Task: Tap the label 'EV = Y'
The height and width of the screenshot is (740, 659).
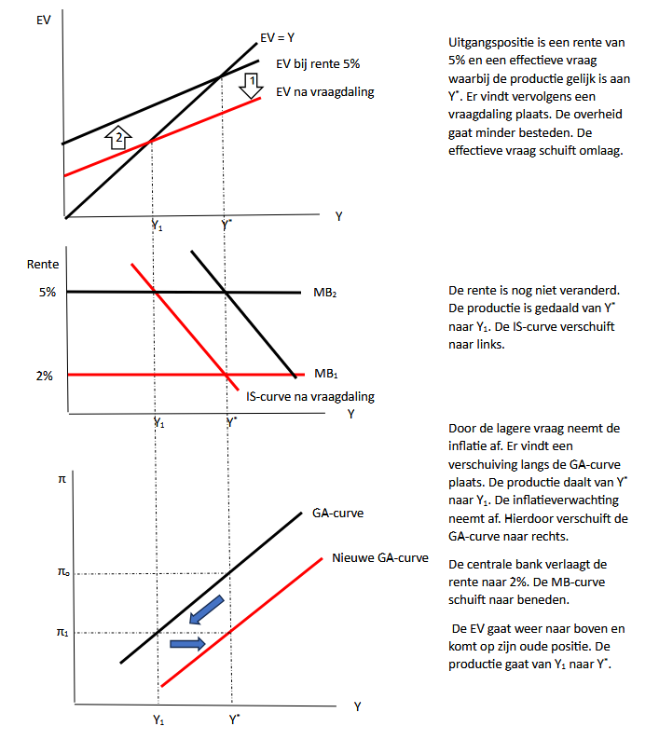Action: coord(279,40)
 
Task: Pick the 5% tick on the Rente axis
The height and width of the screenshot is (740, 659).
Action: coord(47,292)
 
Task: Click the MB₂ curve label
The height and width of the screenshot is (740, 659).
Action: coord(325,293)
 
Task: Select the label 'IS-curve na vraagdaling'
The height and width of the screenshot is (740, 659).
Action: coord(310,396)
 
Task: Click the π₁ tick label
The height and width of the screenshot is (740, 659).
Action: coord(63,633)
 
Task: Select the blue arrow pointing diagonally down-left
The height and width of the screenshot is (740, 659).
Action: coord(206,610)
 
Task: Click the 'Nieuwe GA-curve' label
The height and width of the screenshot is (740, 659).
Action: coord(379,558)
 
